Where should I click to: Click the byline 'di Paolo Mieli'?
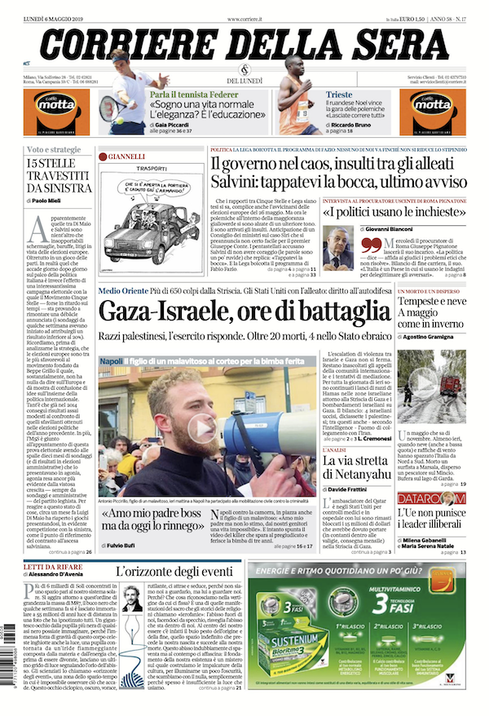tap(50, 200)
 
